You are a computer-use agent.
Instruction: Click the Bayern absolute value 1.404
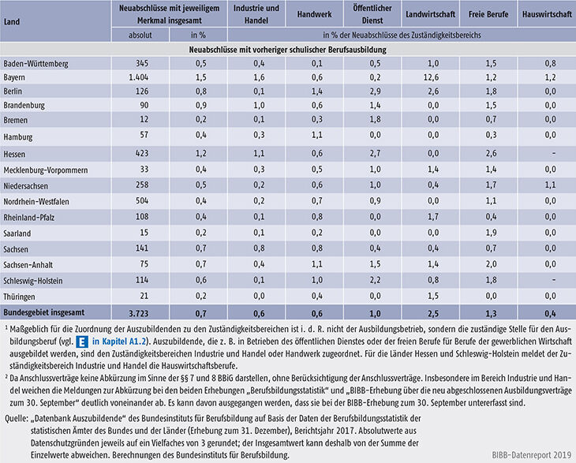[139, 77]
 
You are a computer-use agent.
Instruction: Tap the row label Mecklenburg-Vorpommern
[46, 170]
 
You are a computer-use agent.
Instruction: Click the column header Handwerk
[315, 14]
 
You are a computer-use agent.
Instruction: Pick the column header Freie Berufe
[488, 14]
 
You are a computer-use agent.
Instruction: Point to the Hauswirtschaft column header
[547, 14]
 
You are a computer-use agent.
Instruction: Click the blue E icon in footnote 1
[82, 342]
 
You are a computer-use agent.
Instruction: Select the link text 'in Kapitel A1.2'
[119, 342]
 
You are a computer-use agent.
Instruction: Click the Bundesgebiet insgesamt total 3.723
[139, 314]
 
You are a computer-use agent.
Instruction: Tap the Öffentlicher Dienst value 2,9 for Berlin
[375, 91]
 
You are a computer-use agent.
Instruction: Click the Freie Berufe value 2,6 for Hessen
[491, 153]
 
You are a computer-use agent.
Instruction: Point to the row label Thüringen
[19, 297]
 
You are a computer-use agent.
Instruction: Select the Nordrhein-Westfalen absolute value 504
[141, 201]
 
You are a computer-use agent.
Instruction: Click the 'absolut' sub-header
[140, 35]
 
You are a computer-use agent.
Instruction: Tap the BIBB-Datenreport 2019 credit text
[532, 455]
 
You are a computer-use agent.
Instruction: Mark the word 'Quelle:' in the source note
[17, 419]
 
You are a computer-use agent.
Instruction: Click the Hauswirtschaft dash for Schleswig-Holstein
[554, 280]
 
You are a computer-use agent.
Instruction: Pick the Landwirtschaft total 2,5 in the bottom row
[433, 314]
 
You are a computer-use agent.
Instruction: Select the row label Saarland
[17, 233]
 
